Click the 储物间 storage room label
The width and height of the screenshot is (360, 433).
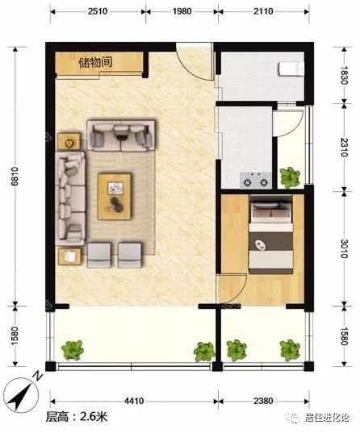pos(95,62)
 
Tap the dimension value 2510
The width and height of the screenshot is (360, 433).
pos(98,11)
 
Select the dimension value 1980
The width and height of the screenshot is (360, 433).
pos(182,11)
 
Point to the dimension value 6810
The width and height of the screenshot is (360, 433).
pos(15,177)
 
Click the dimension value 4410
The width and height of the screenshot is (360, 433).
pos(134,401)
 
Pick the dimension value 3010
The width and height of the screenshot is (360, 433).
pos(344,248)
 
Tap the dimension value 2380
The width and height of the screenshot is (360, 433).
pos(263,401)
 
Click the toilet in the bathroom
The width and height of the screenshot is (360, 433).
pos(291,69)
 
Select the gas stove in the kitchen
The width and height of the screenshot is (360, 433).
pos(256,181)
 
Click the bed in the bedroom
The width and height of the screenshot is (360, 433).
pos(271,235)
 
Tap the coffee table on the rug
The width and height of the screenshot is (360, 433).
pos(114,196)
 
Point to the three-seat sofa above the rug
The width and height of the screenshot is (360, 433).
pos(120,135)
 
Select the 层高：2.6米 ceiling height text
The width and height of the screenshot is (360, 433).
pos(77,417)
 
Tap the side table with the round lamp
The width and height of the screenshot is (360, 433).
pos(69,142)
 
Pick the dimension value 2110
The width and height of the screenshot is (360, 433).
pos(263,11)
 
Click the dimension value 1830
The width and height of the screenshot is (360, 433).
pos(344,75)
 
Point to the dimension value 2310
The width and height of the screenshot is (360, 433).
pos(344,147)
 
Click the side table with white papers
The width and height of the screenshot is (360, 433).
pos(69,256)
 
